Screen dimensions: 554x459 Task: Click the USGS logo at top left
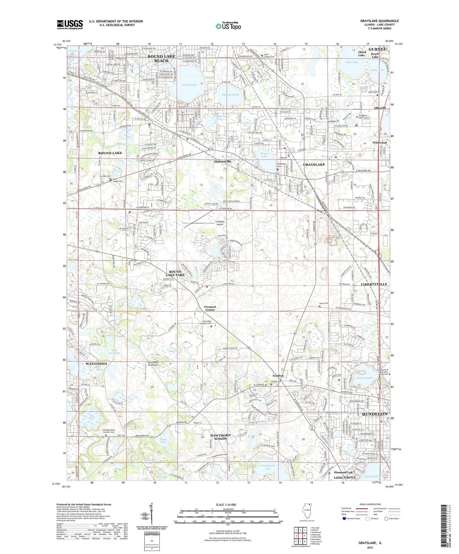pos(70,24)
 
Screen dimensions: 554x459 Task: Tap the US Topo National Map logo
pos(228,26)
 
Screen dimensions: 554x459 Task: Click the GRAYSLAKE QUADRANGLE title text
pos(379,21)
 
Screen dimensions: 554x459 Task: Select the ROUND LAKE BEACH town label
pos(161,58)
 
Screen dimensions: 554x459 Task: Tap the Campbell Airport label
pos(220,223)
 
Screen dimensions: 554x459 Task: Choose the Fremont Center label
pos(210,308)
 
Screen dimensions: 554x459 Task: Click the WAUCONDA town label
pos(96,364)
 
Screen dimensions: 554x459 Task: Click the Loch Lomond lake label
pos(364,378)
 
